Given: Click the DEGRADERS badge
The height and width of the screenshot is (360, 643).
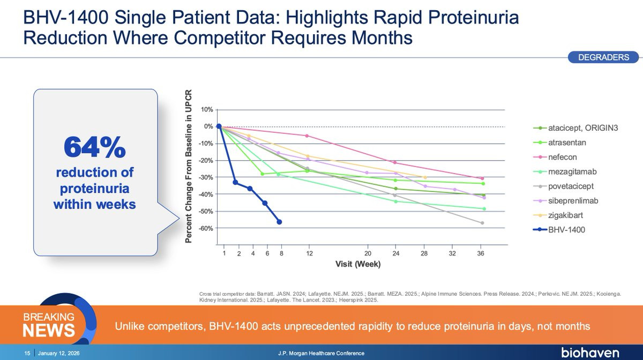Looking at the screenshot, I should pos(603,57).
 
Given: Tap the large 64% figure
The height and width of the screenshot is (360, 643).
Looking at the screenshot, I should pos(94,147).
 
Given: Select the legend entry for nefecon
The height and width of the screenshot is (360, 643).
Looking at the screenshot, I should pos(562,157).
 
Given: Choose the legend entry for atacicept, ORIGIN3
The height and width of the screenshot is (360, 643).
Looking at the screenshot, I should pos(579,128).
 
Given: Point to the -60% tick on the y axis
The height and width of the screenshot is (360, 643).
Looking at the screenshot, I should pos(206,228).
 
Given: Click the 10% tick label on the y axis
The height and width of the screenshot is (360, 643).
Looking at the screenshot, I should pos(207,109).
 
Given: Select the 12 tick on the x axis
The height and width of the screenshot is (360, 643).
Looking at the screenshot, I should pos(309,253).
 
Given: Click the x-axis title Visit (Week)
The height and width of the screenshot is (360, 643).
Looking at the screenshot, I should pos(357,264).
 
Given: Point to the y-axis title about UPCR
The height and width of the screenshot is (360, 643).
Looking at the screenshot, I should pos(189,166).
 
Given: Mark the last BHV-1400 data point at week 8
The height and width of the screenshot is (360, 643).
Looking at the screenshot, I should pos(279,222).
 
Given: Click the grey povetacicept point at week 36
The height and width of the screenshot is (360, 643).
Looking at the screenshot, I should pos(482,223).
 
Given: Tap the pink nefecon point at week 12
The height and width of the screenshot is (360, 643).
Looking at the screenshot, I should pos(307,136).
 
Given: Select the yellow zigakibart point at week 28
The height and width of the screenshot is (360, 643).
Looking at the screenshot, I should pos(425,177).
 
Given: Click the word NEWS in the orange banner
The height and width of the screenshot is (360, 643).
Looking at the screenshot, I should pos(48,331).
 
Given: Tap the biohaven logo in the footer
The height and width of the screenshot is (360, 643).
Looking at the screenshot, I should pos(590,353).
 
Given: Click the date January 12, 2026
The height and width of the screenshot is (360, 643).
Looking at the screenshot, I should pos(56,354).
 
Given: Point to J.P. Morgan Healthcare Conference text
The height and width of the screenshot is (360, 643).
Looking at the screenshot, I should pos(322,354).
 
